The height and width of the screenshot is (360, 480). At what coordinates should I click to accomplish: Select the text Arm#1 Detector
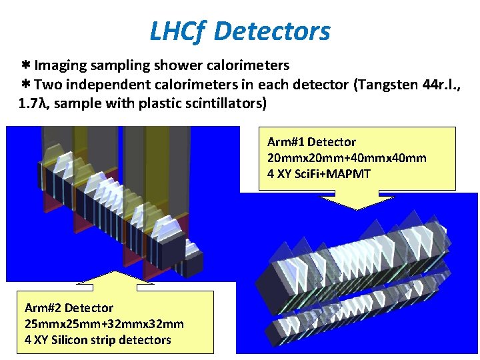311,142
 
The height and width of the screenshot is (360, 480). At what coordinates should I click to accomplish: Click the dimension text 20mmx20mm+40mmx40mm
347,158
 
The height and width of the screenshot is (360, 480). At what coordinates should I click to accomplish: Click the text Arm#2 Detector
69,308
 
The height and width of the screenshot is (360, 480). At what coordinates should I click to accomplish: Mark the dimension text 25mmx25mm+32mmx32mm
104,324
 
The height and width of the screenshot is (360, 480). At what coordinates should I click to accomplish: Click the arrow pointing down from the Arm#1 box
357,199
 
